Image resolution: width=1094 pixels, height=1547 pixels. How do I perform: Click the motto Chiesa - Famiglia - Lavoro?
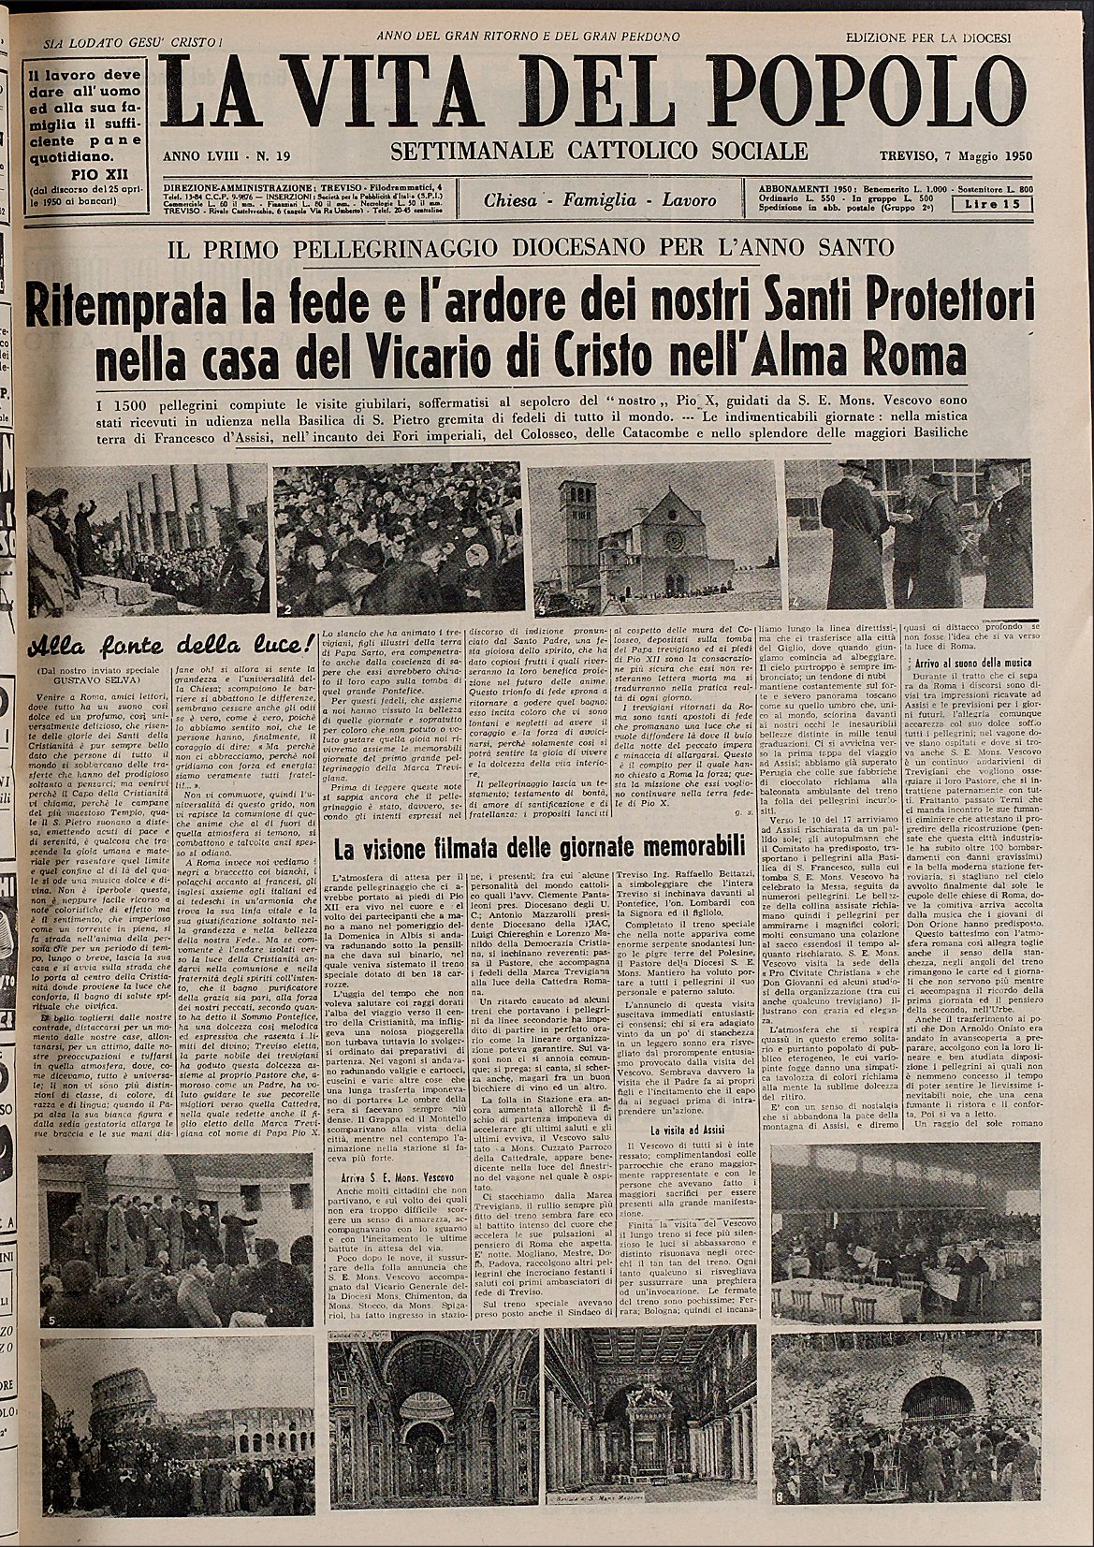tap(600, 200)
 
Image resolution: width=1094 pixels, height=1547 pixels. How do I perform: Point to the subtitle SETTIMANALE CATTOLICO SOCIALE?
tap(599, 151)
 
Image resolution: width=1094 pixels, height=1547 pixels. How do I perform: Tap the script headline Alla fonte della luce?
tap(168, 648)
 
